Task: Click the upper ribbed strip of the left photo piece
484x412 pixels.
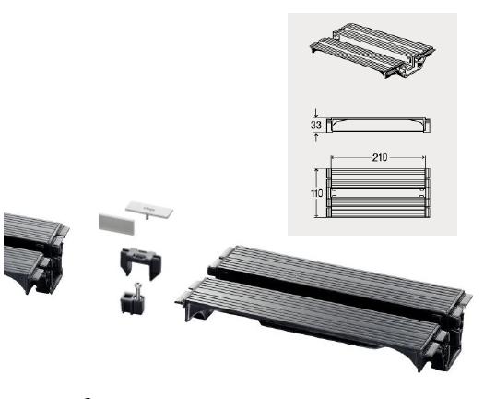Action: [28, 227]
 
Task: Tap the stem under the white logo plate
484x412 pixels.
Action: [148, 221]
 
